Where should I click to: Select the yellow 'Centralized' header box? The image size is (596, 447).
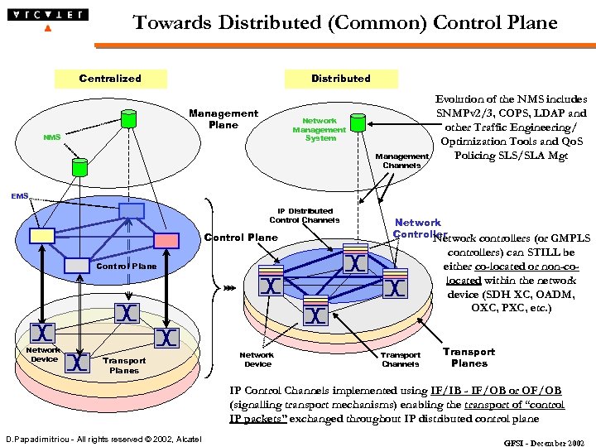[x=109, y=79]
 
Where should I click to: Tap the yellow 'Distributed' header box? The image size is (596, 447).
[x=340, y=79]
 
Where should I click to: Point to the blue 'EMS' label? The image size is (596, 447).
[x=19, y=196]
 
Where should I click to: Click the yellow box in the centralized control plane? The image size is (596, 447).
[x=41, y=235]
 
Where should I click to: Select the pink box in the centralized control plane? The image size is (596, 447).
[x=166, y=239]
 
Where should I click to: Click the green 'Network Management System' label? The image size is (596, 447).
[x=319, y=129]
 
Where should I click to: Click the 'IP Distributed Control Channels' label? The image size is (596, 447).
[x=305, y=216]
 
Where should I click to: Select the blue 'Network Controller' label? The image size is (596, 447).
[x=419, y=228]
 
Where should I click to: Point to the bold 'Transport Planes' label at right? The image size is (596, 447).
[x=469, y=358]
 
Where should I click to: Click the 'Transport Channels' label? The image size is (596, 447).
[x=401, y=359]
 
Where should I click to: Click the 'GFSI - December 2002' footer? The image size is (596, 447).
[x=544, y=443]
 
